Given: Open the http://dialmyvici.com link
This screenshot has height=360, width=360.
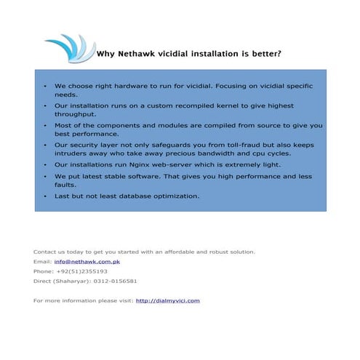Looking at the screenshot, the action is (167, 300).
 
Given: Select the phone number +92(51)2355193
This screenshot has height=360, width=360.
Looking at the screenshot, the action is (81, 271).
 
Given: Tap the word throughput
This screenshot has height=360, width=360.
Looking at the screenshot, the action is (74, 114).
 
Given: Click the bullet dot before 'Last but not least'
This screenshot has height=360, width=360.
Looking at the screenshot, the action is (45, 196).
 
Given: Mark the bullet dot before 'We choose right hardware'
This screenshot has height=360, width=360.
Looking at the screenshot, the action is (45, 85).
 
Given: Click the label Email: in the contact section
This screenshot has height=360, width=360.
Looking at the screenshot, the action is (42, 261).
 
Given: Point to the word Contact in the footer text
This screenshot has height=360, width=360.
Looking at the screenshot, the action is (45, 252).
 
